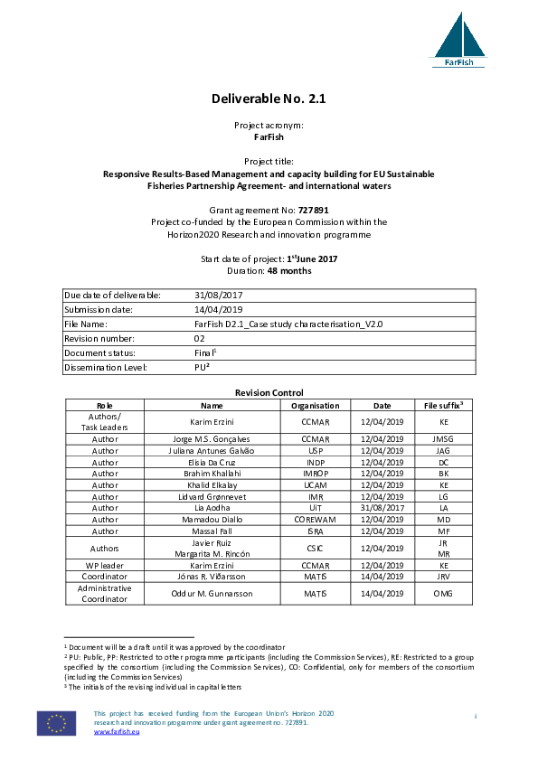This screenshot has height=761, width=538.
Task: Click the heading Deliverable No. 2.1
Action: click(269, 99)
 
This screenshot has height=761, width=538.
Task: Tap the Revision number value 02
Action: click(202, 338)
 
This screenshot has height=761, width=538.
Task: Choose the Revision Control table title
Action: click(269, 392)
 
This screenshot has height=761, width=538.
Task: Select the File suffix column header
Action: click(444, 405)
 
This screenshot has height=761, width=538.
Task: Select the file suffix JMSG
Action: click(444, 437)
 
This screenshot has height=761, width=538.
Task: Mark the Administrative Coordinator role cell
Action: click(105, 593)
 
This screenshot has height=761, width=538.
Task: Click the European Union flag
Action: click(56, 723)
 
